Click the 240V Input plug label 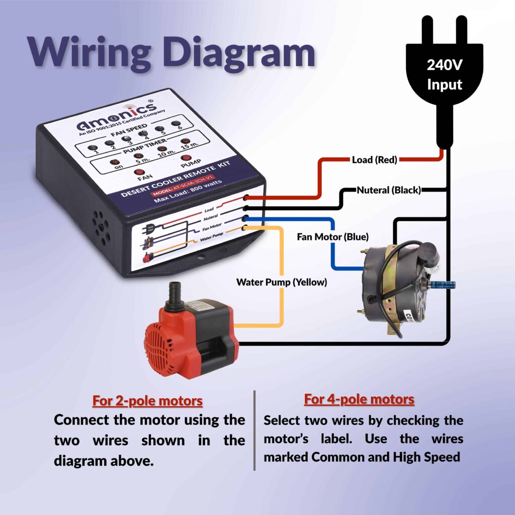tap(444, 74)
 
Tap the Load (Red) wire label tap(374, 160)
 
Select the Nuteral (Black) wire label tap(389, 190)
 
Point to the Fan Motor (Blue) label tap(332, 236)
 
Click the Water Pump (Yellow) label tap(282, 282)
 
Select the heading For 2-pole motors tap(147, 401)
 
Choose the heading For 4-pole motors tap(359, 399)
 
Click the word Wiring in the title tap(93, 52)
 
